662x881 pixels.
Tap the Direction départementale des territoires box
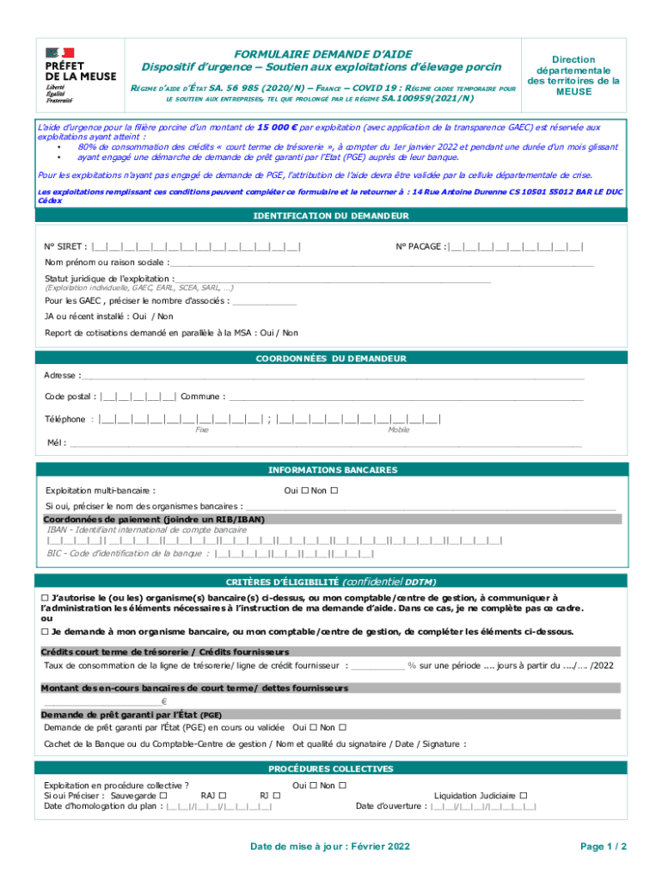[x=573, y=76]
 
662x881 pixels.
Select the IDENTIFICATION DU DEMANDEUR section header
[x=331, y=215]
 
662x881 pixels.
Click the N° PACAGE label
[x=420, y=248]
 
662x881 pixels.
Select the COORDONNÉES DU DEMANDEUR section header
[x=331, y=358]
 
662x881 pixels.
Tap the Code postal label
[x=70, y=397]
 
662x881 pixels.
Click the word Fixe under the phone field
[x=203, y=428]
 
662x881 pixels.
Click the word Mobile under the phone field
[x=398, y=428]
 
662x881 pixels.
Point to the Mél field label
[x=56, y=443]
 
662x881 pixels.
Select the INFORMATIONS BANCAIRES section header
[x=331, y=470]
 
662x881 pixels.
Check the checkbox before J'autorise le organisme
[x=46, y=597]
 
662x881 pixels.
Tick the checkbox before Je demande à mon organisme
[x=46, y=631]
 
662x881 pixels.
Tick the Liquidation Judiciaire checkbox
[x=524, y=796]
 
